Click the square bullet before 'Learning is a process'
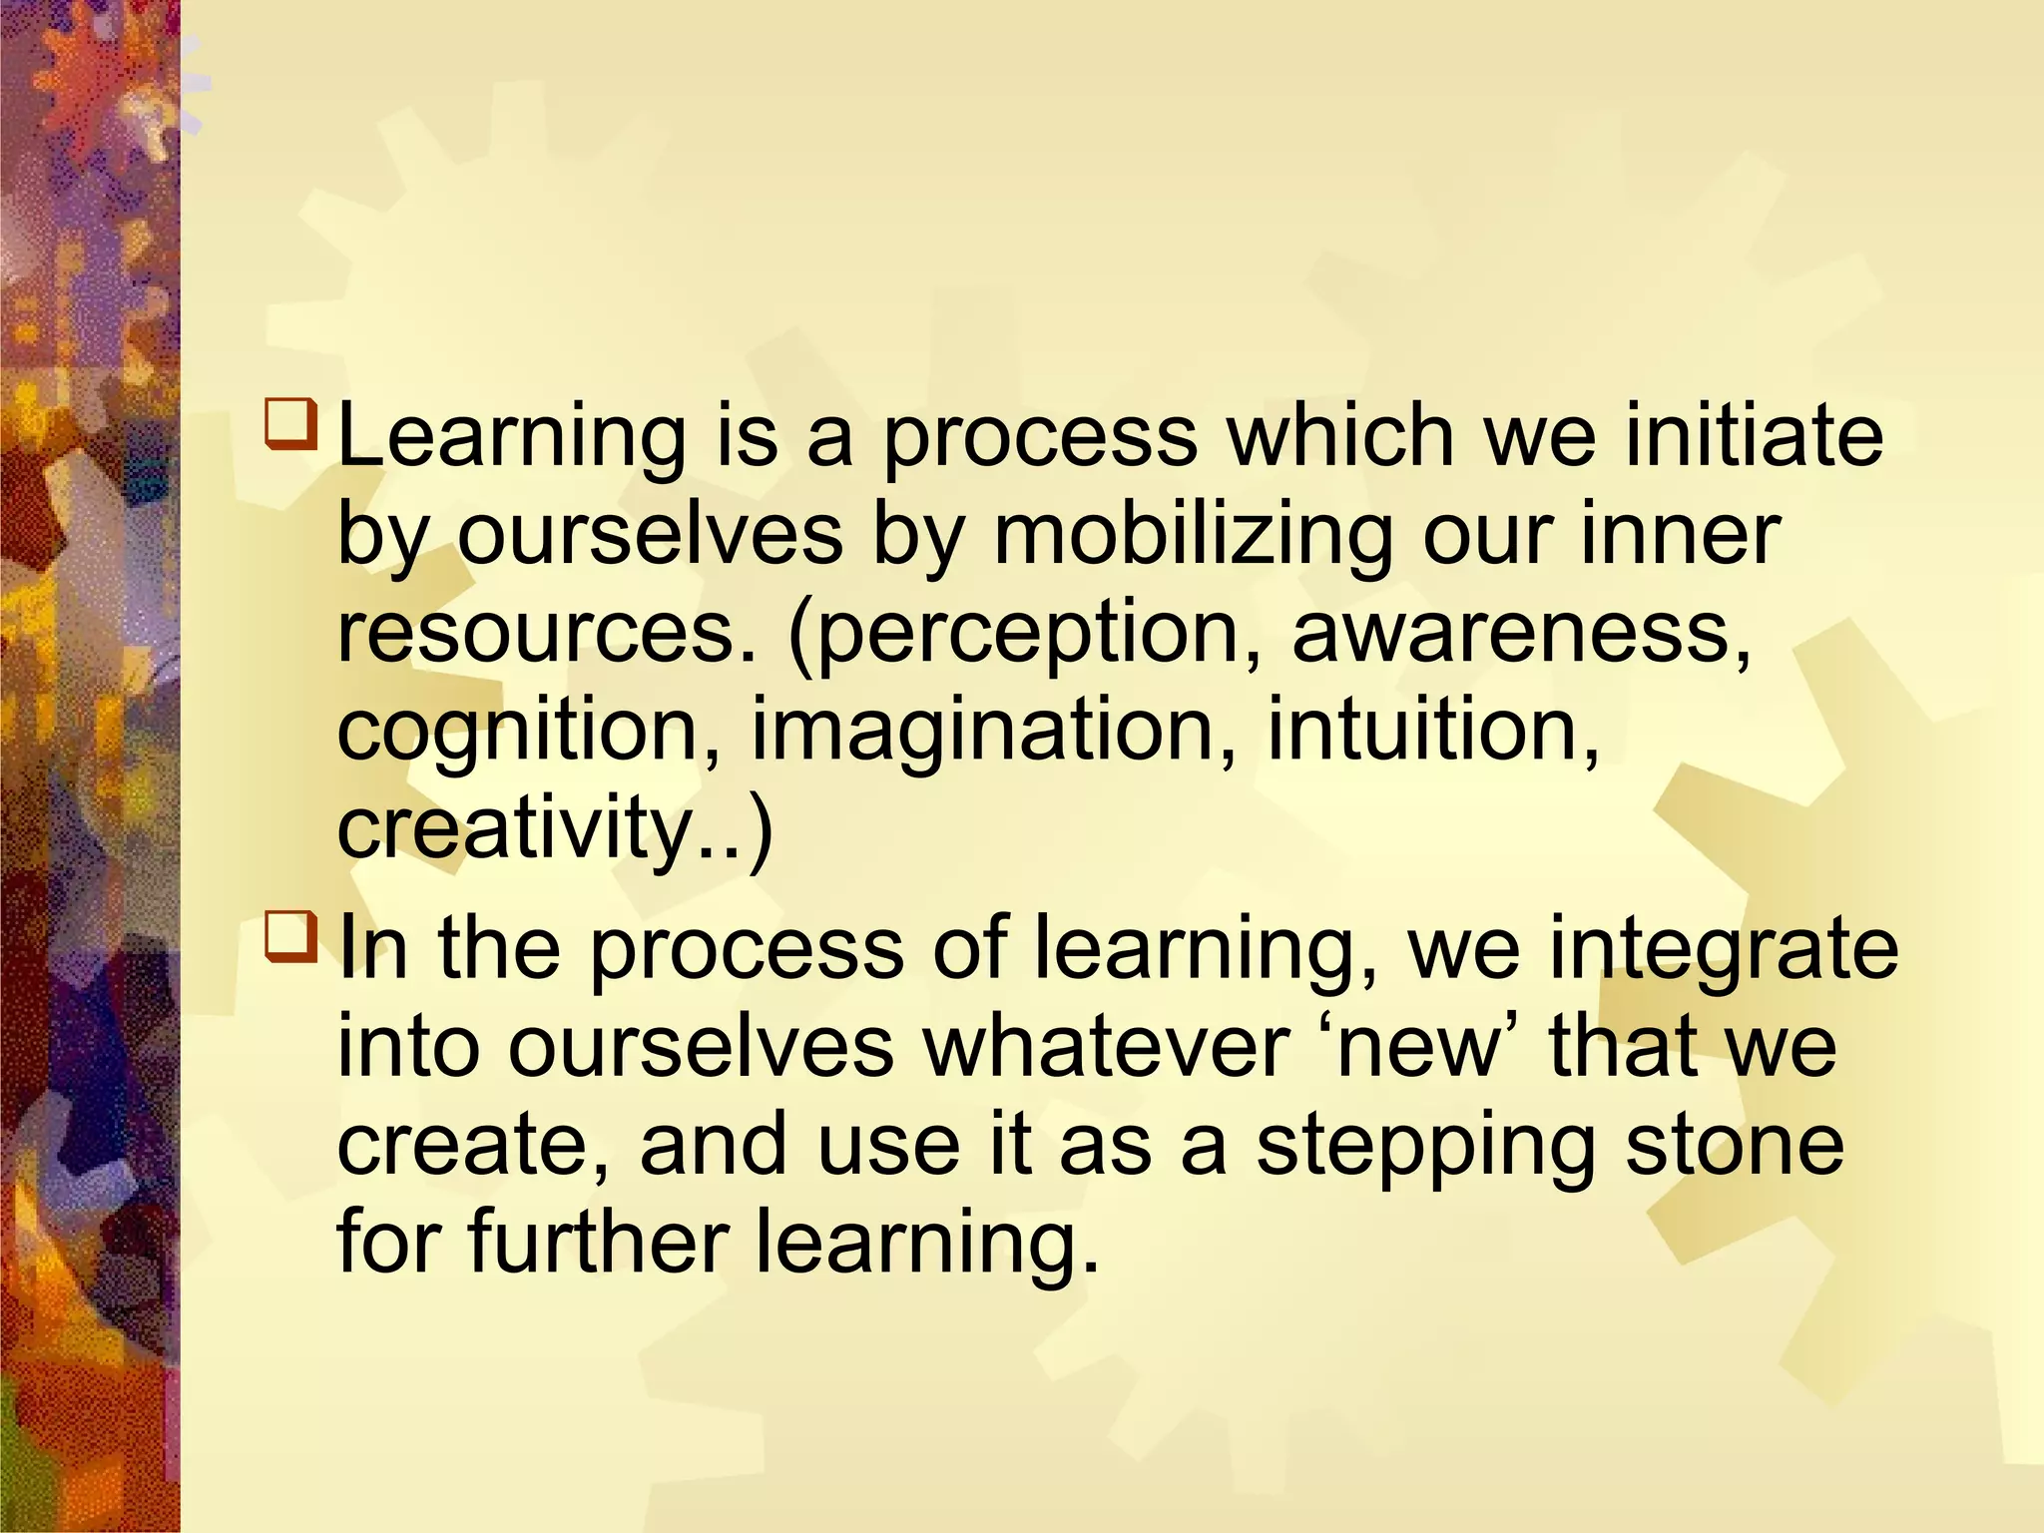tap(290, 423)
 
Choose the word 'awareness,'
tap(1522, 633)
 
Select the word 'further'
tap(598, 1243)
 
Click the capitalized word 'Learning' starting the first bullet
tap(512, 437)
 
